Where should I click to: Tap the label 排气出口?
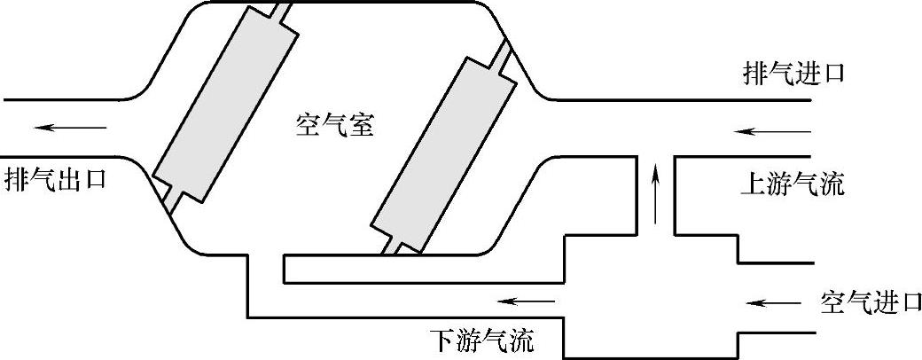coord(55,176)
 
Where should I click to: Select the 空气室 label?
coord(334,126)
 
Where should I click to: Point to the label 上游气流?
coord(793,185)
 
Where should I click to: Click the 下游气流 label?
coord(482,340)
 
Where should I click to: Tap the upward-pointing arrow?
coord(655,192)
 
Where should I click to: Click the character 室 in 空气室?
coord(361,126)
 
